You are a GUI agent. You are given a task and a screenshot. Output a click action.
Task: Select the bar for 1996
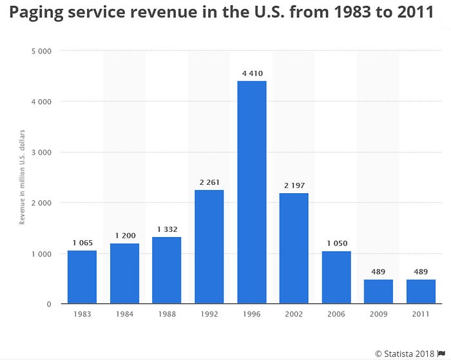251,192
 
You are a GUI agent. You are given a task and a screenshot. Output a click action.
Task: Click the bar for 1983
82,277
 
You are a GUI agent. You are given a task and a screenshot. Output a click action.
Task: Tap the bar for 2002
294,248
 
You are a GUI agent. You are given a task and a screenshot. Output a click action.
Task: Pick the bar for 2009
378,291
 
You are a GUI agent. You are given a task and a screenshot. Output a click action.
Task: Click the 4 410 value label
251,73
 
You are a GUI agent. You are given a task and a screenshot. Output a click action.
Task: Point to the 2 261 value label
209,182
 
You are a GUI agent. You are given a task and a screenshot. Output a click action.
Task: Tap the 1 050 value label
336,243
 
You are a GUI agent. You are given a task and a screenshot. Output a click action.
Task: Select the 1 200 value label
124,236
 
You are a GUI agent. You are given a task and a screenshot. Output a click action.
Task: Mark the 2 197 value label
294,185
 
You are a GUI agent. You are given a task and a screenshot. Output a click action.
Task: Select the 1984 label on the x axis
124,314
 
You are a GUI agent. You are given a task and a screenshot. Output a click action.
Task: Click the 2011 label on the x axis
421,314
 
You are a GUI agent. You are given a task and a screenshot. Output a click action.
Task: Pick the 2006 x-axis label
336,314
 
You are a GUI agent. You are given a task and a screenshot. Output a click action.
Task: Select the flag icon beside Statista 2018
441,352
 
